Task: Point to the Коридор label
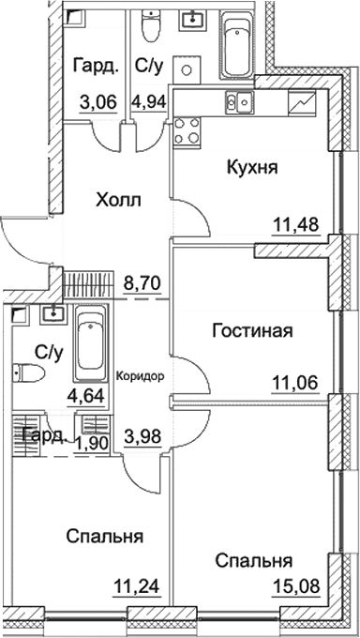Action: [x=140, y=375]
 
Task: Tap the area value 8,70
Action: [x=141, y=280]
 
